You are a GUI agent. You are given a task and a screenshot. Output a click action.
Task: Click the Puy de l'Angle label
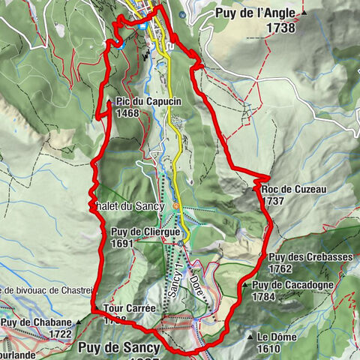coord(256,13)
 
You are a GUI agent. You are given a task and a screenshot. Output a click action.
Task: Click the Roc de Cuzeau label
coord(295,190)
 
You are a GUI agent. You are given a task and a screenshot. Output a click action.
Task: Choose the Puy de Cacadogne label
coord(293,285)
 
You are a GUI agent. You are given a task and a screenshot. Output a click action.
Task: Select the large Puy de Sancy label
coord(118,348)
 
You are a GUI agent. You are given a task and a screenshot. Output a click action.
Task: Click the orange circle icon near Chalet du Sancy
coord(176,205)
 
